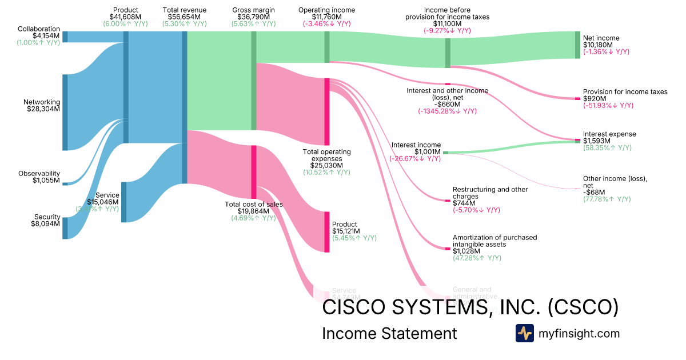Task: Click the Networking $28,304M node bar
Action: [65, 112]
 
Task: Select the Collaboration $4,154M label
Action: [39, 29]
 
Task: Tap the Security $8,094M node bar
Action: [65, 228]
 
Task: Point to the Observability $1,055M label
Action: [39, 173]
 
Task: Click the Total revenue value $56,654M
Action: [184, 17]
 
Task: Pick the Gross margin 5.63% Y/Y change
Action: [253, 24]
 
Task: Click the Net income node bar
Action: [577, 45]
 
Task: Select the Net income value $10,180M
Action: [598, 45]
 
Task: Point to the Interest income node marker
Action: [445, 153]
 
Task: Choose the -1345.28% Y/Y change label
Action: [447, 111]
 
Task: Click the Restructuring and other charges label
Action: [490, 193]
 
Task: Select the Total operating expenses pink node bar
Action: [327, 111]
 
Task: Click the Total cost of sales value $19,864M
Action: [253, 211]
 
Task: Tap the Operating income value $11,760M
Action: [326, 17]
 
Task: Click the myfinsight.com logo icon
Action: [524, 333]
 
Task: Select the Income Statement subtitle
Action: [389, 334]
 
